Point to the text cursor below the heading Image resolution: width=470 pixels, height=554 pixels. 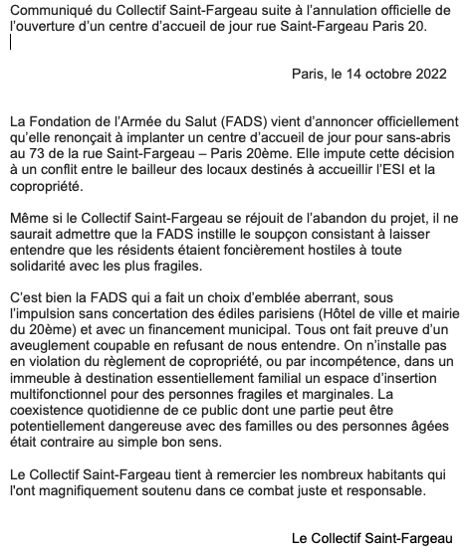click(x=10, y=43)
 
